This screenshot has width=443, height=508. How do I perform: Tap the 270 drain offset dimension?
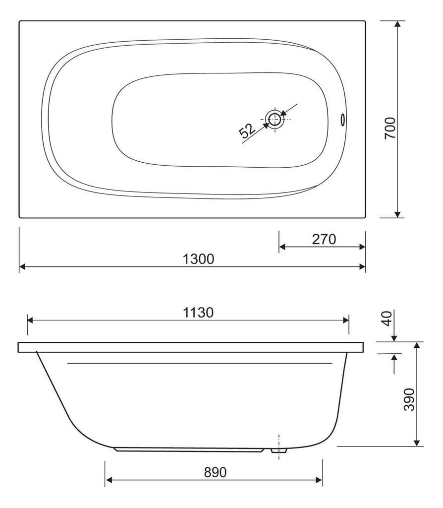point(324,239)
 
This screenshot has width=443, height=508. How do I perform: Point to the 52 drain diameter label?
point(247,131)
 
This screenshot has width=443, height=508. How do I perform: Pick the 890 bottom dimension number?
point(215,472)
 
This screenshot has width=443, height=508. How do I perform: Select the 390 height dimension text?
point(409,400)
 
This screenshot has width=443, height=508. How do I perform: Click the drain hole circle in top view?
point(274,119)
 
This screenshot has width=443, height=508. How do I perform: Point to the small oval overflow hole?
point(342,120)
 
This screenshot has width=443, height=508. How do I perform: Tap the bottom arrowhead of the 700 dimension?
point(397,214)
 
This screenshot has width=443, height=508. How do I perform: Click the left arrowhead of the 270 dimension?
point(282,247)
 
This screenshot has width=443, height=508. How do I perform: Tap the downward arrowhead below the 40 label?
point(394,338)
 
